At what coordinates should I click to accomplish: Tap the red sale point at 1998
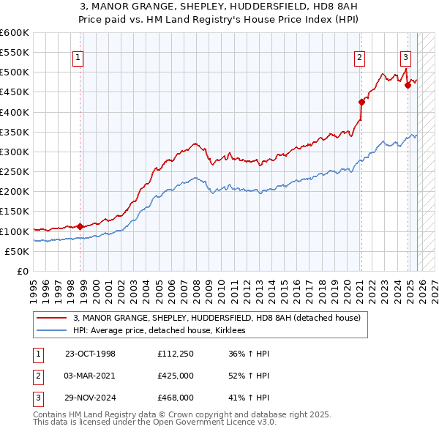(x=80, y=226)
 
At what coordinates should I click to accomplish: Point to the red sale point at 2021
(x=361, y=102)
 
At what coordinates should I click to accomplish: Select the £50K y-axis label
(x=17, y=251)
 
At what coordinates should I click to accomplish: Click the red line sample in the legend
(x=52, y=319)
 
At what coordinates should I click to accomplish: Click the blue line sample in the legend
(x=52, y=331)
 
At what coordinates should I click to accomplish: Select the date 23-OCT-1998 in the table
(x=91, y=354)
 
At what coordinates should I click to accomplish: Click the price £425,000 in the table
(x=176, y=376)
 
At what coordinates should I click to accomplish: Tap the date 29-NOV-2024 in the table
(x=91, y=398)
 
